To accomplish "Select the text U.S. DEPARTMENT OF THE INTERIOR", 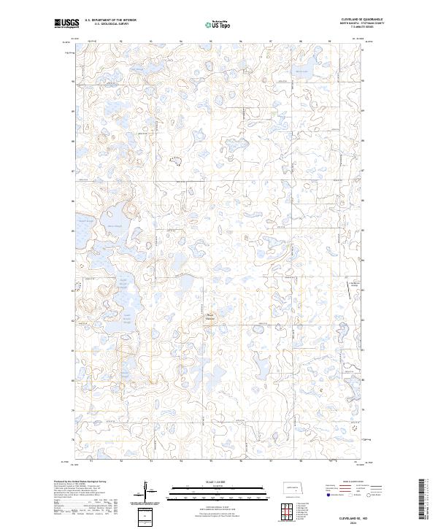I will point(110,20).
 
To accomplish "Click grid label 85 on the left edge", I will point(73,231).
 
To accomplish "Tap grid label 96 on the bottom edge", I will point(241,461).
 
